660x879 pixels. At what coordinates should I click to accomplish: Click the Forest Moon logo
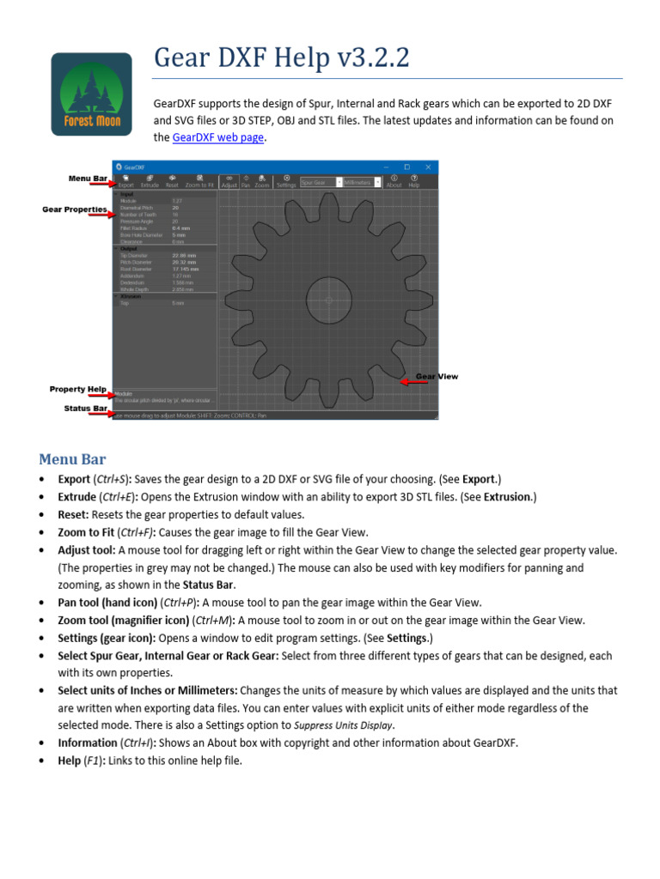[92, 93]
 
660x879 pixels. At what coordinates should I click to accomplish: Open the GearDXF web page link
[217, 137]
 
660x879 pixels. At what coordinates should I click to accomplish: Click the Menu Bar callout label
[87, 178]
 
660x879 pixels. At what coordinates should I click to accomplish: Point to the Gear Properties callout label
[75, 209]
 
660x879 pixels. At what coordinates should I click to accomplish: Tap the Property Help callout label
[78, 389]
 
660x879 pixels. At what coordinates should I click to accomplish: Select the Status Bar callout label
[85, 408]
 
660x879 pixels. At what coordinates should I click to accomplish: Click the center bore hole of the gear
[329, 300]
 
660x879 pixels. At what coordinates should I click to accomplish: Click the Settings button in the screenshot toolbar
[286, 181]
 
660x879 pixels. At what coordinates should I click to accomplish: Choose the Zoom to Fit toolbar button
[199, 181]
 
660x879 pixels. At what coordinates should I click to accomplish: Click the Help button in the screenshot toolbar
[414, 181]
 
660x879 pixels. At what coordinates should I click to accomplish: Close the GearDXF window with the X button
[429, 167]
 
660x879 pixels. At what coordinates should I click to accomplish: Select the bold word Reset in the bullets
[73, 514]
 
